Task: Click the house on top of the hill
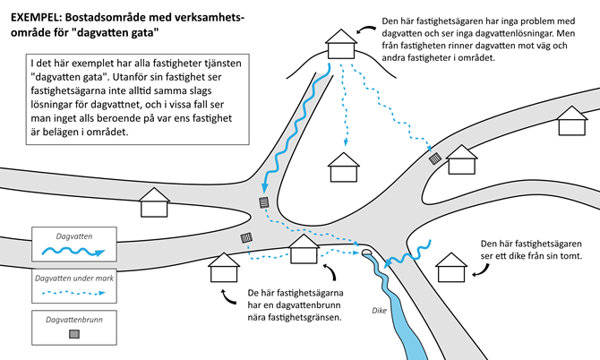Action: (x=341, y=44)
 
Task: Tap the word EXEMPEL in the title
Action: (x=34, y=18)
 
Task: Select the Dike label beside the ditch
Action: (x=379, y=311)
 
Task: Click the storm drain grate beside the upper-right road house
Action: (x=434, y=158)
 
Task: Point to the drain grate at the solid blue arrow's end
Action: (x=264, y=202)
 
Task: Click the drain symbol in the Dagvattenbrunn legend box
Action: (x=74, y=334)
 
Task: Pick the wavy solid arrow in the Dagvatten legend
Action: (x=73, y=252)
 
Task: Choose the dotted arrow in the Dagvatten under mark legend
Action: (x=73, y=293)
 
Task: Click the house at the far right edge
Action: (x=571, y=121)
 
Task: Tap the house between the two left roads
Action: (x=154, y=202)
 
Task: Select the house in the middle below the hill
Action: (x=344, y=167)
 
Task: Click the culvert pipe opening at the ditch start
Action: (x=366, y=253)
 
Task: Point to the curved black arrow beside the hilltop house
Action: (x=365, y=29)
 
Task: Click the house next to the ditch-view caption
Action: (x=451, y=268)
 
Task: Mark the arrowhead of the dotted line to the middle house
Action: (x=346, y=142)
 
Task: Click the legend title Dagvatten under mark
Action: (x=74, y=279)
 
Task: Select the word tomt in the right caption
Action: (x=572, y=256)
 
